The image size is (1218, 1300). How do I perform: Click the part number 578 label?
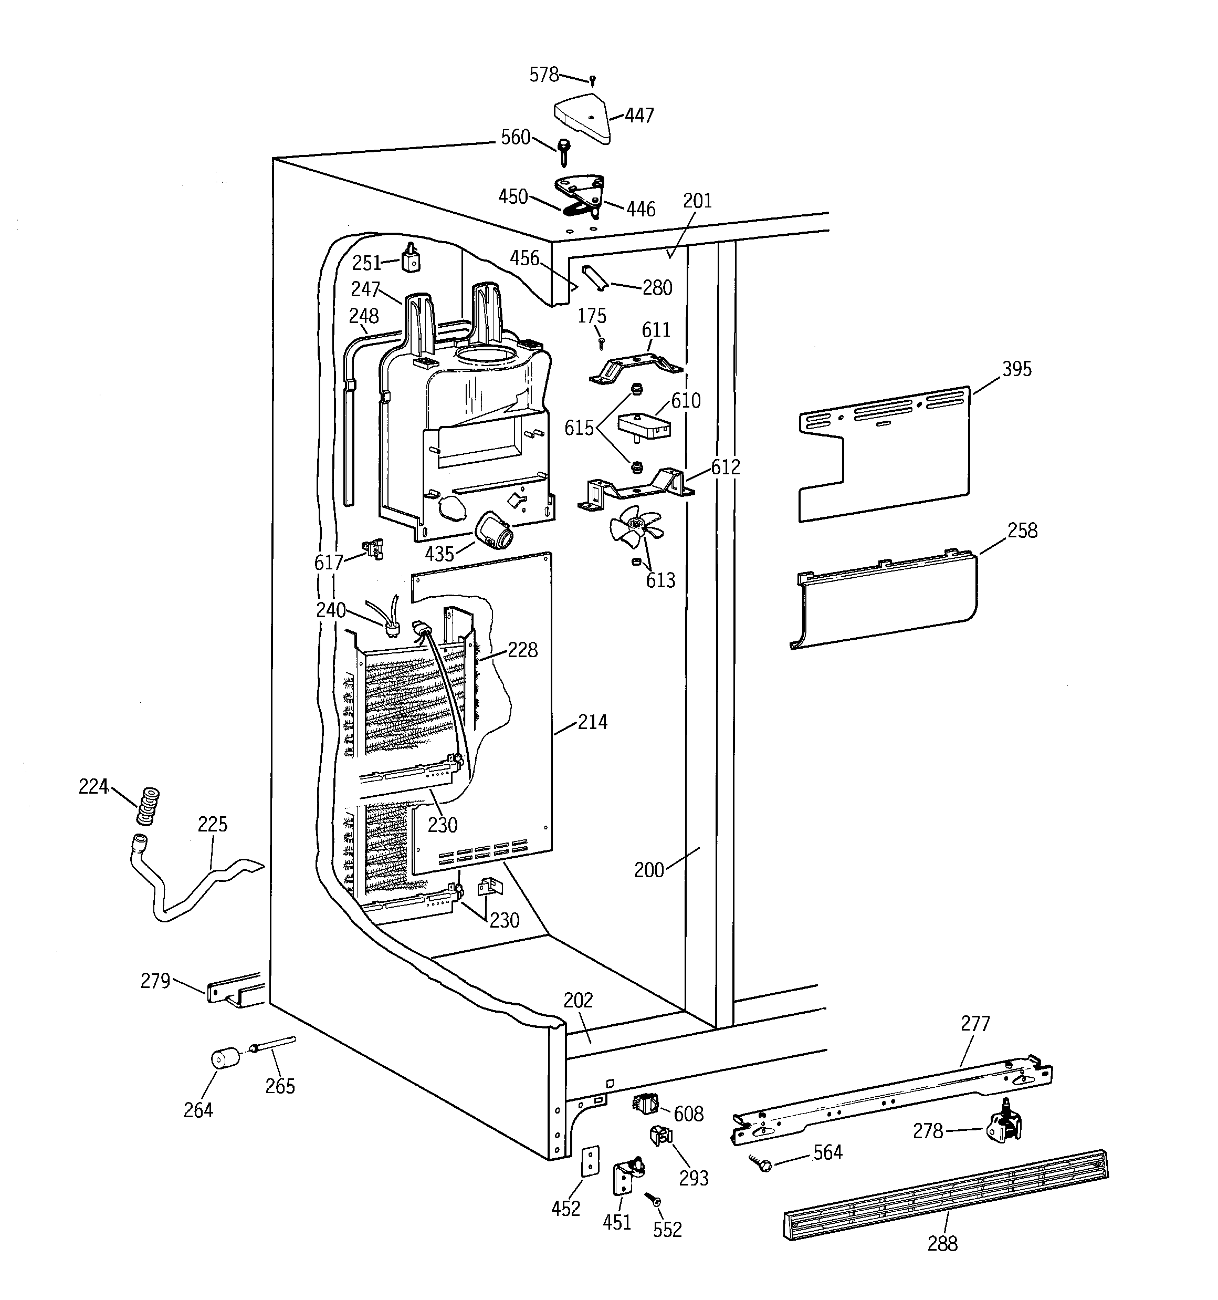pyautogui.click(x=543, y=75)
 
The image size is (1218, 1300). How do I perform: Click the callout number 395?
pyautogui.click(x=1016, y=369)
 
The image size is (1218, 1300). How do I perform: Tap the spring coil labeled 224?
pyautogui.click(x=148, y=807)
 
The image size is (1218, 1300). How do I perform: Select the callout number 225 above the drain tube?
pyautogui.click(x=213, y=825)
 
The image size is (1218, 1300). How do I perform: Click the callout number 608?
pyautogui.click(x=688, y=1114)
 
